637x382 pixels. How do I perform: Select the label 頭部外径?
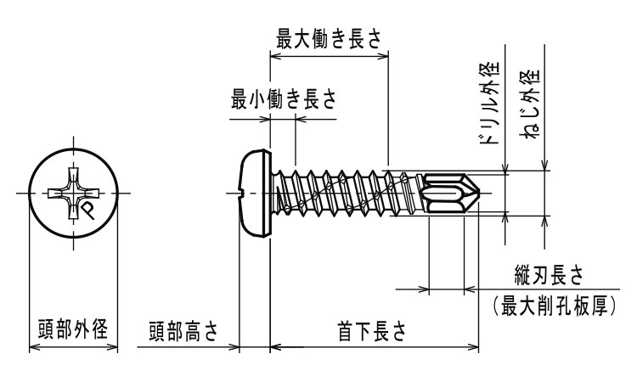pyautogui.click(x=71, y=330)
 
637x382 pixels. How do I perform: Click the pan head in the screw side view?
pyautogui.click(x=253, y=194)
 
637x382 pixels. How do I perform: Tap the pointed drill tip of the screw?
pyautogui.click(x=482, y=194)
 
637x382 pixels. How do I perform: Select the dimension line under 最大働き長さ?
pyautogui.click(x=328, y=56)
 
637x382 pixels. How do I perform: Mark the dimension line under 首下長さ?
pyautogui.click(x=374, y=346)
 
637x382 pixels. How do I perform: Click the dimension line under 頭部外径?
pyautogui.click(x=71, y=346)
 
